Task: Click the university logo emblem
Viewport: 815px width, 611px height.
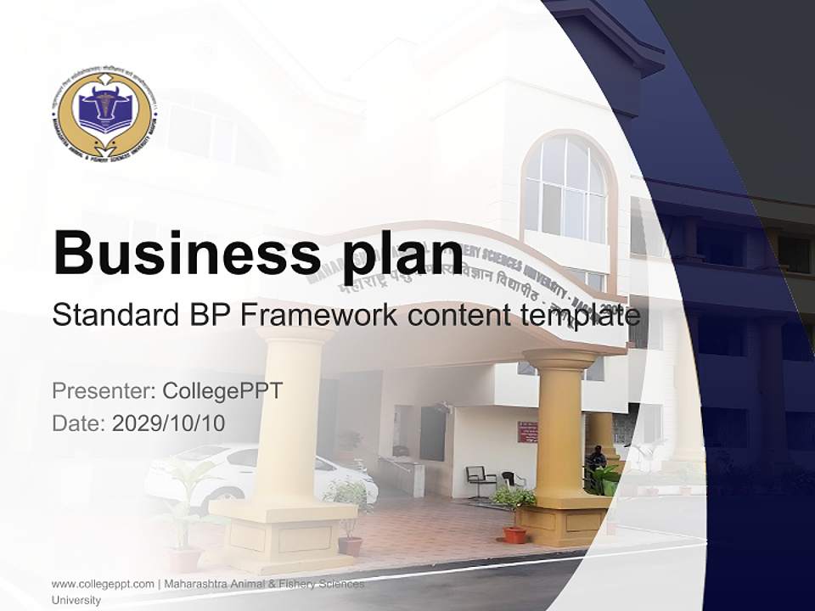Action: [x=103, y=115]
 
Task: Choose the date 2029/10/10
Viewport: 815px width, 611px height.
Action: [x=168, y=423]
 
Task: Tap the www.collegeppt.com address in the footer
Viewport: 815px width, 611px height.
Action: [x=103, y=584]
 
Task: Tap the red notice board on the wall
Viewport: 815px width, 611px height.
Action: [x=527, y=431]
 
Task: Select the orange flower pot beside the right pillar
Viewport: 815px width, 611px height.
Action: [x=514, y=534]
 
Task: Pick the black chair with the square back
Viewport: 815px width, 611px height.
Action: [x=478, y=480]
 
